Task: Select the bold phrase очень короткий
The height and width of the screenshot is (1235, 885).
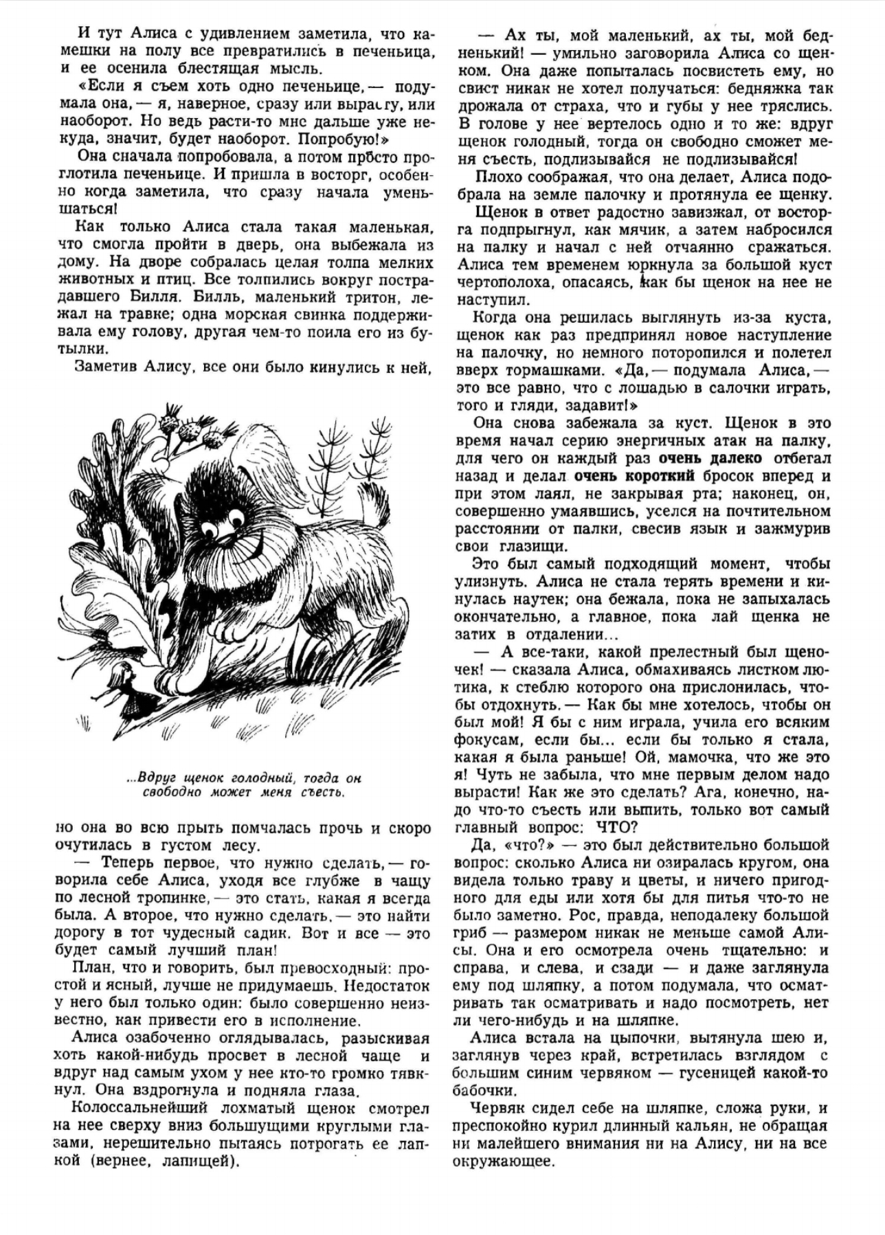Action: click(634, 476)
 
